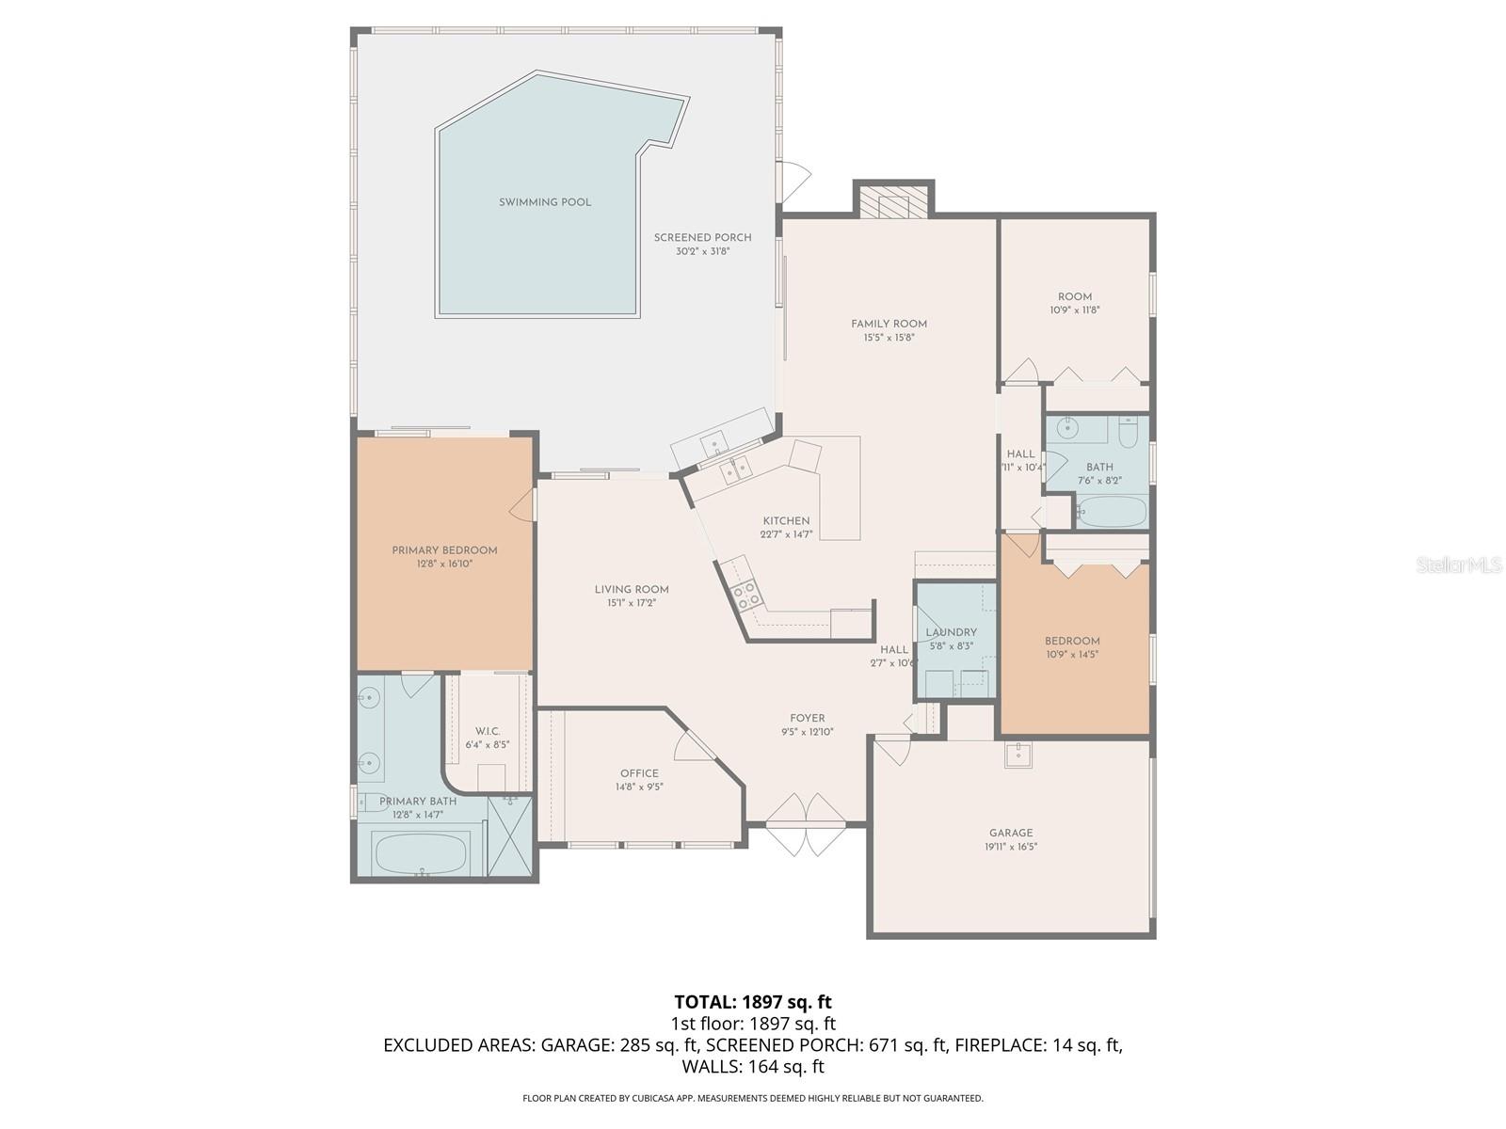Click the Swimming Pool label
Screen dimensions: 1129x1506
pyautogui.click(x=545, y=202)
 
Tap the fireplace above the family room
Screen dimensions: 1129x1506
pyautogui.click(x=893, y=201)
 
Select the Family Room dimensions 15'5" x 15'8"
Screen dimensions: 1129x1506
pyautogui.click(x=889, y=337)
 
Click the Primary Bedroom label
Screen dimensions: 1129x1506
pyautogui.click(x=444, y=550)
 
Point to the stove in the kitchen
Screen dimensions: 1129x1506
pyautogui.click(x=746, y=595)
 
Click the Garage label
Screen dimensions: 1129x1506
pyautogui.click(x=1011, y=833)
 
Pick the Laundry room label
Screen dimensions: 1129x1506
pyautogui.click(x=951, y=632)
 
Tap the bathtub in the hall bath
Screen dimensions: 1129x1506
pyautogui.click(x=1113, y=513)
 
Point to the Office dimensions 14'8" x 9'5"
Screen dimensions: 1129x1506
pyautogui.click(x=639, y=787)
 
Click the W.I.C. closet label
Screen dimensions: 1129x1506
pyautogui.click(x=488, y=731)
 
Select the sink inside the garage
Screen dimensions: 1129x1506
pyautogui.click(x=1017, y=755)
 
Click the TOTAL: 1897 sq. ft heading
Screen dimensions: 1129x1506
pyautogui.click(x=753, y=1002)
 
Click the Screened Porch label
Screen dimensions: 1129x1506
pyautogui.click(x=702, y=237)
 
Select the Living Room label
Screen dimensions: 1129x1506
pyautogui.click(x=632, y=590)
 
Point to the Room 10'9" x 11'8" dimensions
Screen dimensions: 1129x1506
pyautogui.click(x=1075, y=310)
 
